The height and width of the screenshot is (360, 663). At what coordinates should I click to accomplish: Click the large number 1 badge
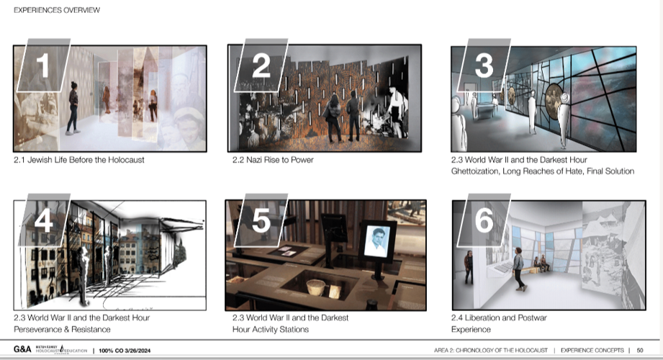coord(43,66)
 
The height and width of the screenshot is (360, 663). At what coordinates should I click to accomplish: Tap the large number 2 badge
coord(261,66)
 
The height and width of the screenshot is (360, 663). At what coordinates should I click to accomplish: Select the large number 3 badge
coord(484,66)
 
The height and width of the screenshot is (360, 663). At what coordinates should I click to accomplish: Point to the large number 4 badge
coord(43,220)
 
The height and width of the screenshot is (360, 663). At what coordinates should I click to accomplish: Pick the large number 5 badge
coord(261,220)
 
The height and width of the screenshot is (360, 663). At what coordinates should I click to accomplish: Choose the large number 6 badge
coord(484,220)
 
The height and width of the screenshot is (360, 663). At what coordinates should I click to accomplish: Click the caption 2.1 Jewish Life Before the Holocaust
coord(79,160)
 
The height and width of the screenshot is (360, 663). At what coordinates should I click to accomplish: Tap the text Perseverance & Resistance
coord(62,329)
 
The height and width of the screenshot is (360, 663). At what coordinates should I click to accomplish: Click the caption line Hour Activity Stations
coord(271,329)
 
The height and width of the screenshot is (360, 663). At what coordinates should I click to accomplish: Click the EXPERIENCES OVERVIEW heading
coord(57,10)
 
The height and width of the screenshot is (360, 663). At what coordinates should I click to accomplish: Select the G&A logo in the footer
coord(22,350)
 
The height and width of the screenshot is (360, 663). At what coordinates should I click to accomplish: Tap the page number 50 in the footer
coord(639,350)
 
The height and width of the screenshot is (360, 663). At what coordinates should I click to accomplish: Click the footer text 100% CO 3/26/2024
coord(124,350)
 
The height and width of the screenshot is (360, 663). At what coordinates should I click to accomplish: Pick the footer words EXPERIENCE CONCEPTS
coord(590,350)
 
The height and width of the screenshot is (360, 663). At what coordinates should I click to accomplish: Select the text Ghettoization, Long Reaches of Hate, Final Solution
coord(542,171)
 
